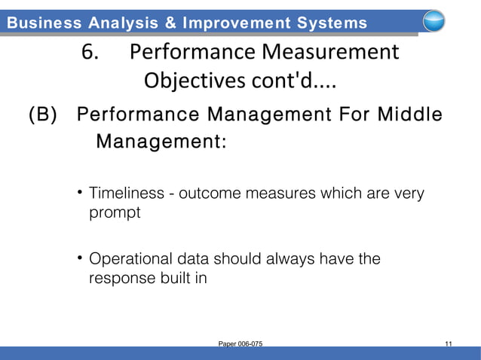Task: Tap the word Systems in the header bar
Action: [x=326, y=23]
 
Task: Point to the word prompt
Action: [x=115, y=213]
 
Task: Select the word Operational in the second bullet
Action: [x=129, y=260]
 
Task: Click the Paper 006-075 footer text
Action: [x=240, y=344]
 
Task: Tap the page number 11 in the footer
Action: [x=449, y=344]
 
